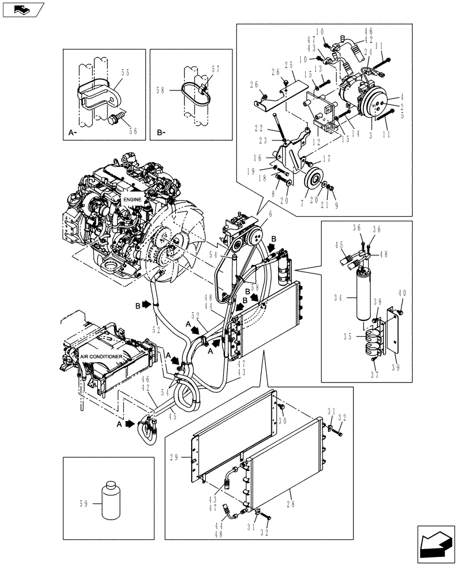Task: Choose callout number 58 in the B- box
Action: coord(161,89)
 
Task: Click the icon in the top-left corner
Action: coord(23,8)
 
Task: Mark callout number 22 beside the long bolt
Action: coord(259,128)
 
